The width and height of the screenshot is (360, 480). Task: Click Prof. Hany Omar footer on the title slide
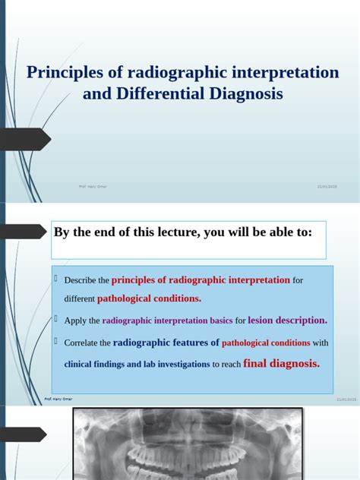(x=93, y=186)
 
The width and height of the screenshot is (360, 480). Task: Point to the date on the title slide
(x=327, y=186)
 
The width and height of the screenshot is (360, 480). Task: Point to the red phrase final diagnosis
(x=282, y=363)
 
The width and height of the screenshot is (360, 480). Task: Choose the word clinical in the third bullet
(x=82, y=365)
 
